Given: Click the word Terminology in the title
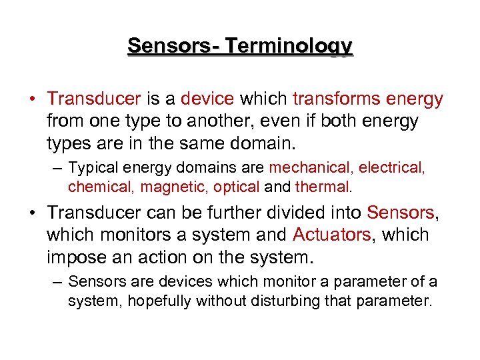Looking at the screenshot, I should [x=288, y=46].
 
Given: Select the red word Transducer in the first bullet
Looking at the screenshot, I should [x=93, y=99].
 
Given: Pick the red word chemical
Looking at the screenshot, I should [x=101, y=187].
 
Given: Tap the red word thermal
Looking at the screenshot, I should [x=322, y=187].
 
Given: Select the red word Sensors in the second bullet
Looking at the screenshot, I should [x=400, y=213].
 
